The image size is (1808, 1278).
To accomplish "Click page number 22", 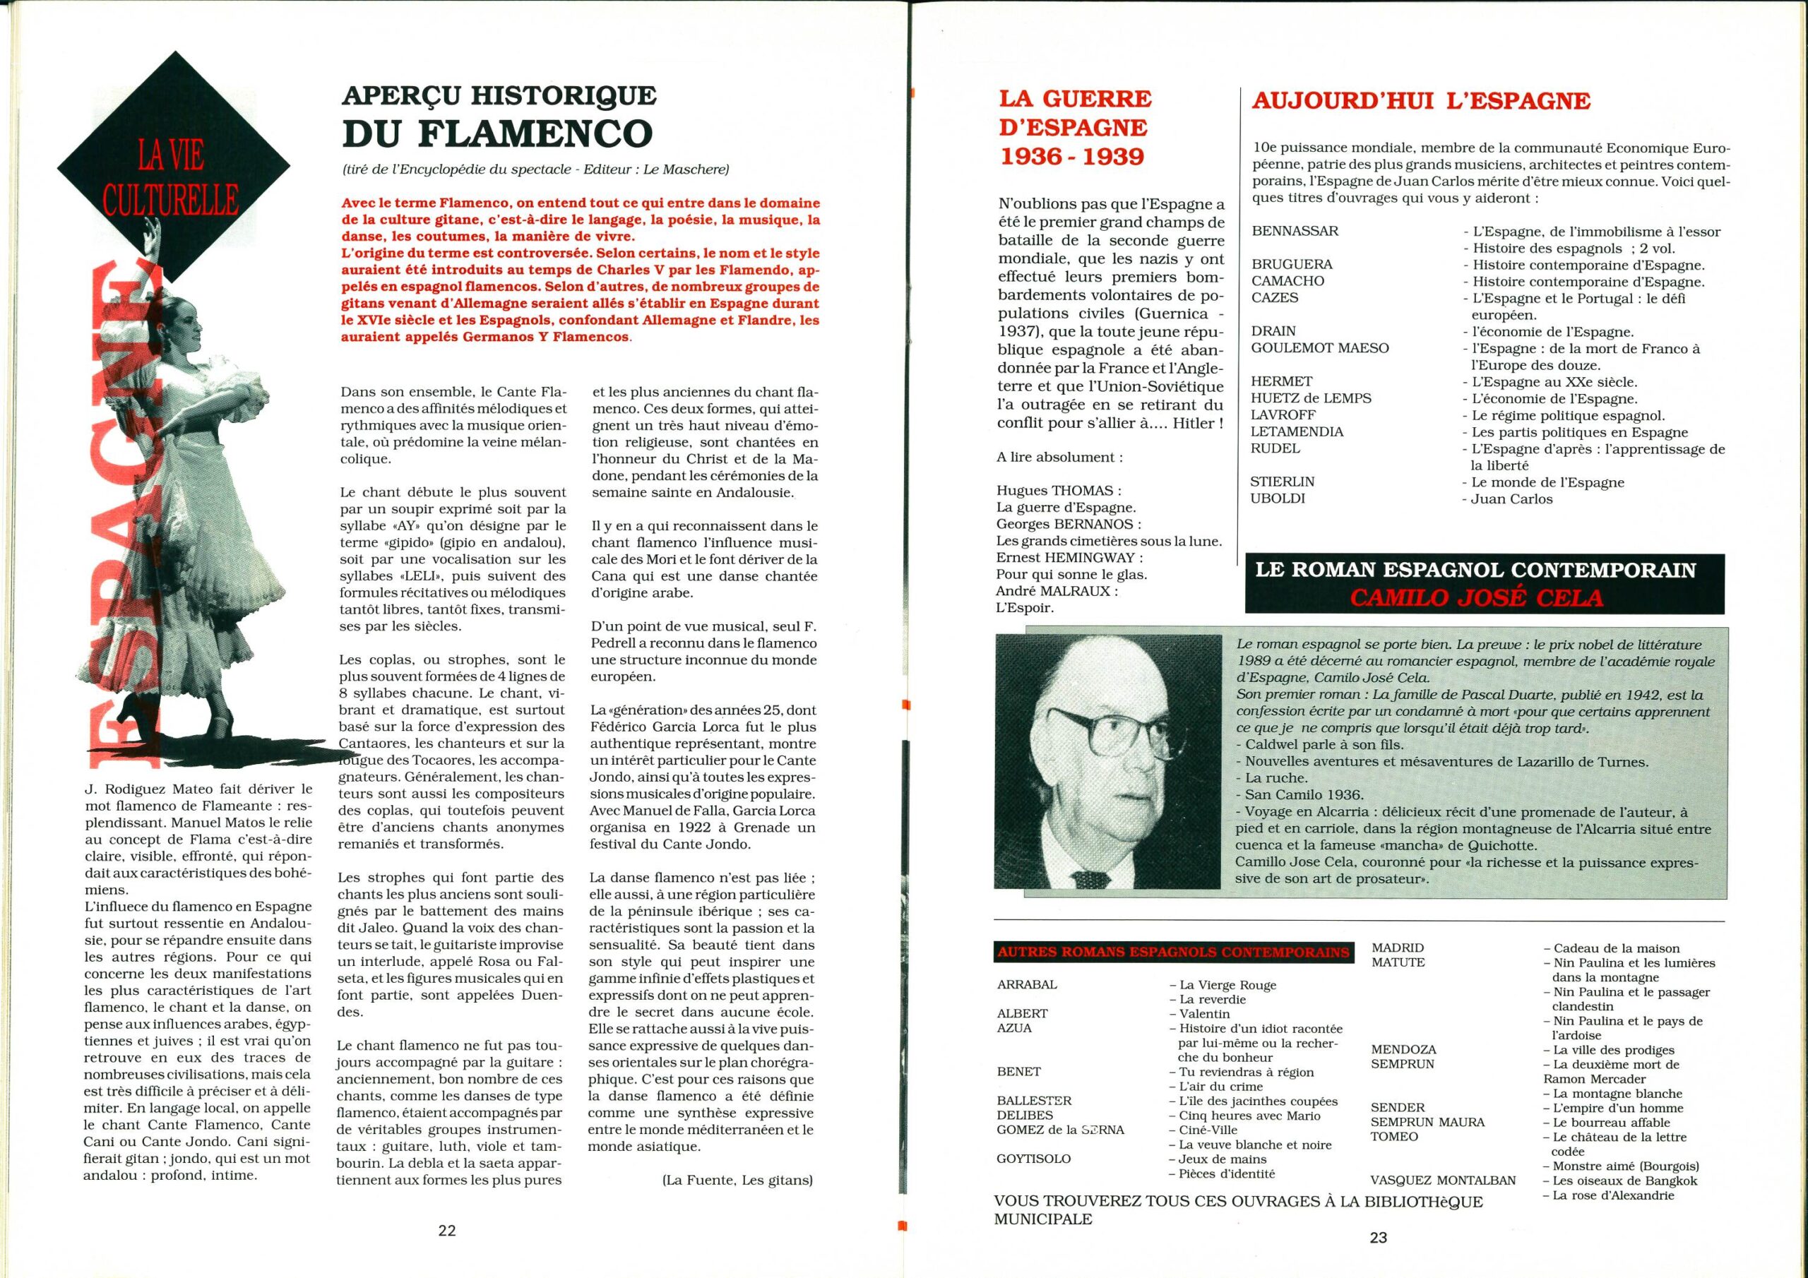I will click(447, 1231).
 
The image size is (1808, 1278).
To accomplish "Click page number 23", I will click(1378, 1237).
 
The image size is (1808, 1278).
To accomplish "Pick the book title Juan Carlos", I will click(1511, 498).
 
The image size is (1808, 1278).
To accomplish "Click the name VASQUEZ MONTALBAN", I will click(1443, 1181).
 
